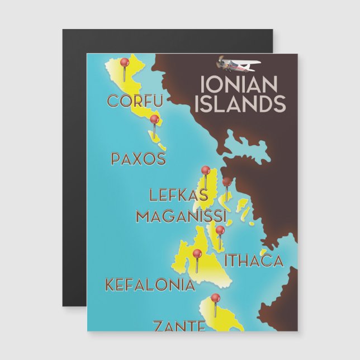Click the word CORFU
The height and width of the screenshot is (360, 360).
click(135, 102)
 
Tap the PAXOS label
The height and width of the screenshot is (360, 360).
click(138, 159)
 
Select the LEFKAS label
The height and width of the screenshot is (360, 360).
click(178, 196)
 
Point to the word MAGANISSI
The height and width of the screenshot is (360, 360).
click(181, 216)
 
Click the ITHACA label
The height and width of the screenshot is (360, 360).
click(254, 260)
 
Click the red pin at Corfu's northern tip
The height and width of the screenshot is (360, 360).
click(125, 63)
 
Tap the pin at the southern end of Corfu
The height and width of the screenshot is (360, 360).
click(154, 120)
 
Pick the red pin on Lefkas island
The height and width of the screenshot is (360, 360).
click(206, 170)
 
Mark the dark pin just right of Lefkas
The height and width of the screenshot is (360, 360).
click(226, 182)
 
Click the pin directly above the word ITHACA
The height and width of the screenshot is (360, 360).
click(220, 230)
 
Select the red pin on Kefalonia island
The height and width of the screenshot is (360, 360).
click(197, 254)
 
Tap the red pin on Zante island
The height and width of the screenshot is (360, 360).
click(214, 298)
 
